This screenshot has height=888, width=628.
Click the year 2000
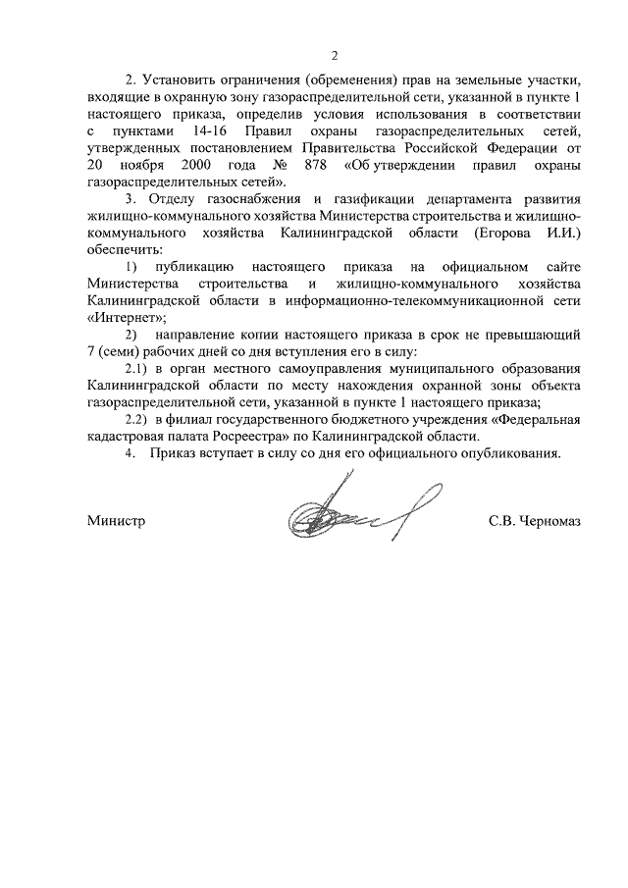coord(197,164)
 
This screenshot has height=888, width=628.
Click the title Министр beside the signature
coord(115,522)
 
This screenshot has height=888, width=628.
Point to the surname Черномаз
coord(549,522)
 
